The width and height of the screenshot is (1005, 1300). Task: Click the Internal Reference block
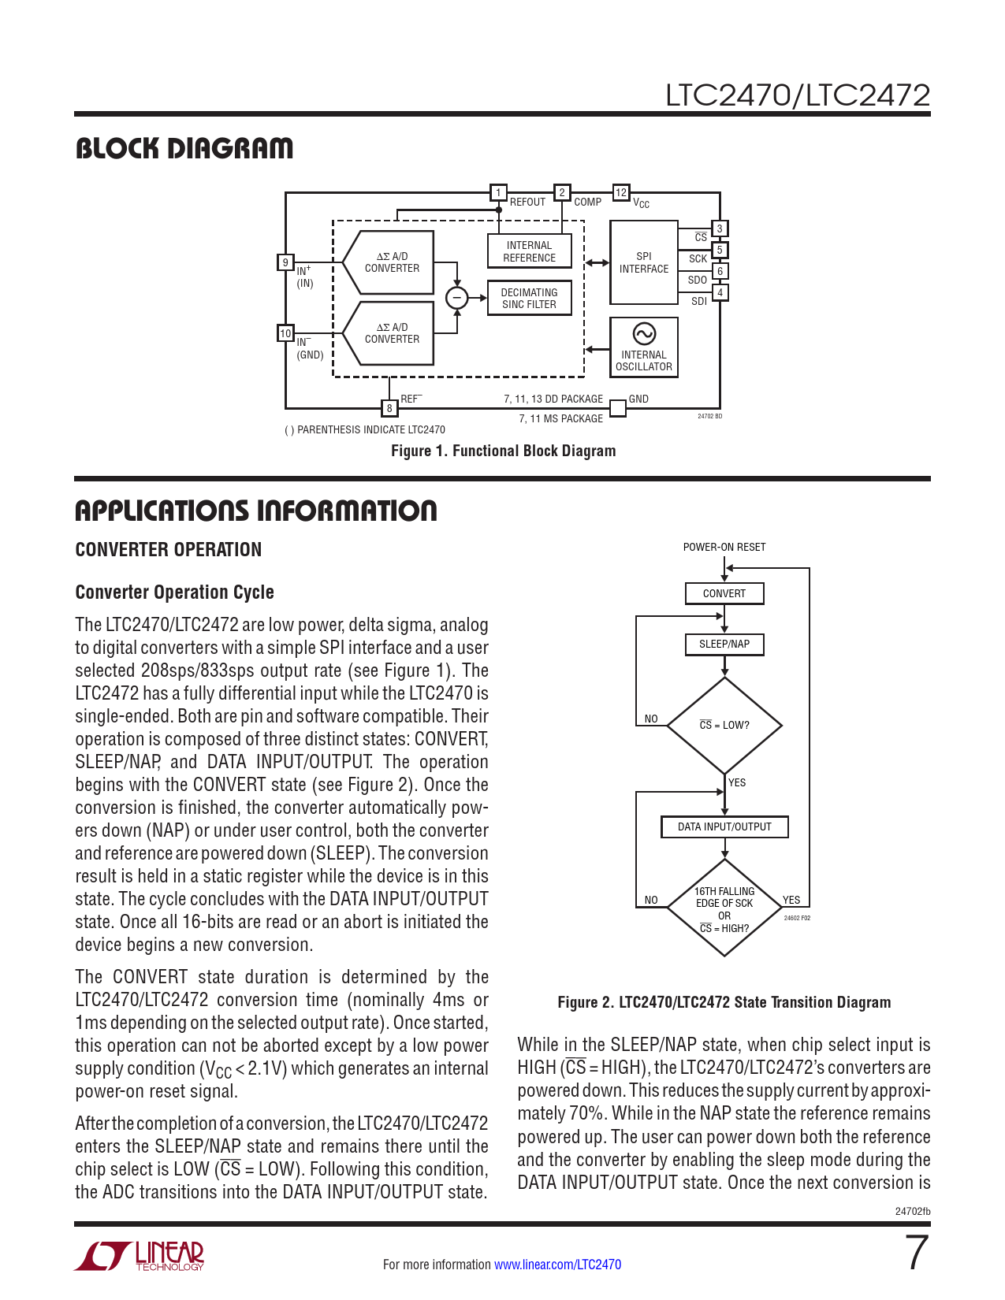(x=529, y=251)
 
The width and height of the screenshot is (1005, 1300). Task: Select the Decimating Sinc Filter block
(x=529, y=298)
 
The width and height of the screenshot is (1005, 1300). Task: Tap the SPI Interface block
(x=643, y=262)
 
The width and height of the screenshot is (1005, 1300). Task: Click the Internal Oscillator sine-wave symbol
(x=644, y=333)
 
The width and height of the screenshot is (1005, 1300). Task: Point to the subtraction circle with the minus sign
(x=456, y=298)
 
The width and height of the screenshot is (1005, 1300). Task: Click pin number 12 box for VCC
(x=621, y=192)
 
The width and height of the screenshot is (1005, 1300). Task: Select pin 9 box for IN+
(x=285, y=262)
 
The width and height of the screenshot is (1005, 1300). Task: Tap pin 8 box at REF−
(x=389, y=407)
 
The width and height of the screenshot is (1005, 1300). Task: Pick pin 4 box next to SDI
(x=719, y=292)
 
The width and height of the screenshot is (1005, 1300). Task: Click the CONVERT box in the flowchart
(x=724, y=593)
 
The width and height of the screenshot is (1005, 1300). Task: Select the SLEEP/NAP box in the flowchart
(x=724, y=644)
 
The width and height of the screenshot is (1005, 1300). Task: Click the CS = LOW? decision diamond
(x=724, y=725)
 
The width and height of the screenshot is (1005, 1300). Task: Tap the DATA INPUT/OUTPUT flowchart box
(x=724, y=826)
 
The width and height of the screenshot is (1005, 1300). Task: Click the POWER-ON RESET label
(x=724, y=547)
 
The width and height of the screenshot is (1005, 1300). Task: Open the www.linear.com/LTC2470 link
(x=557, y=1265)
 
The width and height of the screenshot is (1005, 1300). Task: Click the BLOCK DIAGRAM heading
(x=184, y=148)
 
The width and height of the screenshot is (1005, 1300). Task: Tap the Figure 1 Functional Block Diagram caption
(x=503, y=451)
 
